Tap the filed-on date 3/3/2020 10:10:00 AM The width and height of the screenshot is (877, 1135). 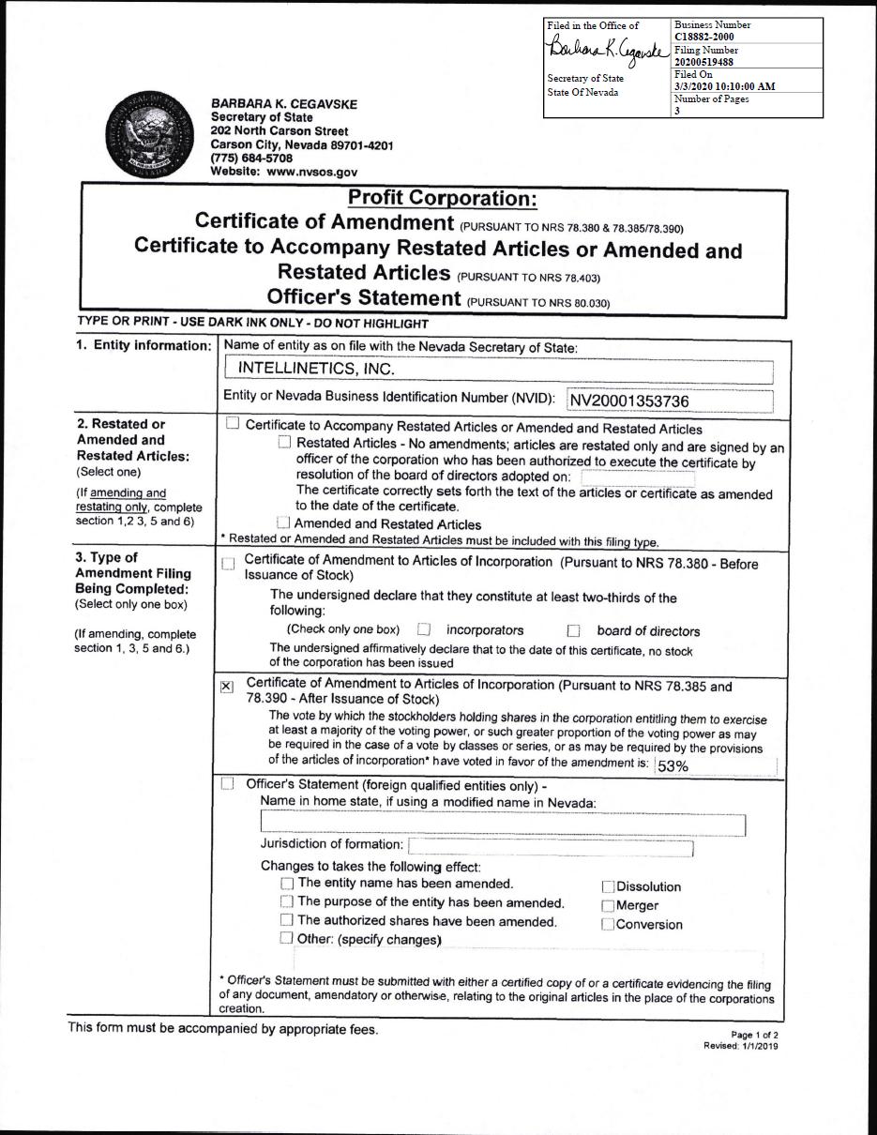point(724,86)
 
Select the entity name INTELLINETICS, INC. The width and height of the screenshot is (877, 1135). point(310,368)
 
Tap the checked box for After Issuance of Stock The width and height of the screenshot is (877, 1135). point(227,687)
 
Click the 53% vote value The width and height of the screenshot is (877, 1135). point(673,766)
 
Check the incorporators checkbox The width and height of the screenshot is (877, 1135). point(424,630)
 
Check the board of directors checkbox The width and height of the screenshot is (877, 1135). point(574,631)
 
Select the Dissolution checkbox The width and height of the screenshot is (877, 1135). point(608,886)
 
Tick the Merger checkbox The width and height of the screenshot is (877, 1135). point(608,906)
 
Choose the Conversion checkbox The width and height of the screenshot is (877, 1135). point(608,925)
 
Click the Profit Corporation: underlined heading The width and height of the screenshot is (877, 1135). point(442,199)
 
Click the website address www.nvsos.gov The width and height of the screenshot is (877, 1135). point(310,173)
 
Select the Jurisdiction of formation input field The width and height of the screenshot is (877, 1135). point(551,847)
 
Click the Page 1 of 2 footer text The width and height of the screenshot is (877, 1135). point(755,1036)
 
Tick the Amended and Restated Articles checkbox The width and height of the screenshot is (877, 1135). point(283,523)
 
